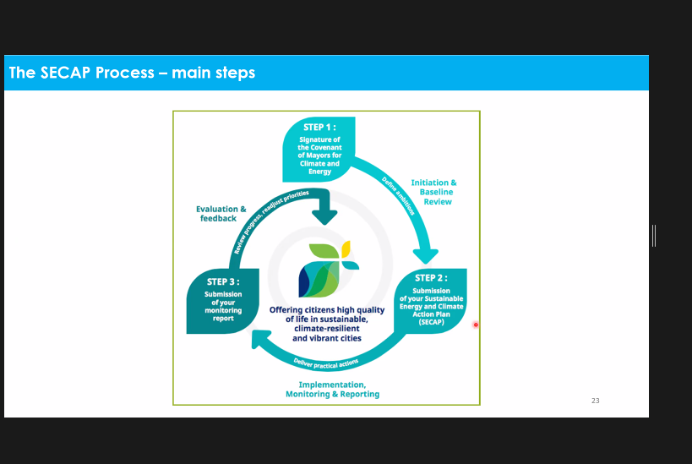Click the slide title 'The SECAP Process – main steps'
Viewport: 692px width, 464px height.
click(x=132, y=73)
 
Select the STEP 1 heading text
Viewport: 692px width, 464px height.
click(x=319, y=127)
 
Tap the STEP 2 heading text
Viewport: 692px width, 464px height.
click(x=431, y=278)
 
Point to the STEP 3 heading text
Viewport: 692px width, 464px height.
click(x=223, y=281)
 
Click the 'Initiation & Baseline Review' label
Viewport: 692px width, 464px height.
click(x=434, y=192)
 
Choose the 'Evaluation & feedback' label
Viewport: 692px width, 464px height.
click(x=221, y=214)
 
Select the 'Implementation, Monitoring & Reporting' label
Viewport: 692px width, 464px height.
click(x=332, y=390)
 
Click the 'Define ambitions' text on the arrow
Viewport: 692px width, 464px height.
click(x=398, y=196)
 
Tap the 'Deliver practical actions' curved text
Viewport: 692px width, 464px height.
click(x=325, y=363)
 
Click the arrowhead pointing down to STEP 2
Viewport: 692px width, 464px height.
click(x=426, y=256)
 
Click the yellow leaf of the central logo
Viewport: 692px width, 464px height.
click(x=346, y=248)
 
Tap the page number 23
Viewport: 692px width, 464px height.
click(x=596, y=401)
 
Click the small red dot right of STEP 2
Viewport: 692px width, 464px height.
click(x=476, y=325)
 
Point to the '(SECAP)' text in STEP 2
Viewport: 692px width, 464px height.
click(x=431, y=322)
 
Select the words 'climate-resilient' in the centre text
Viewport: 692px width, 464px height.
click(x=327, y=329)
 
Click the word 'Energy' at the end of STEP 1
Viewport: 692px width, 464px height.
click(x=319, y=172)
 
